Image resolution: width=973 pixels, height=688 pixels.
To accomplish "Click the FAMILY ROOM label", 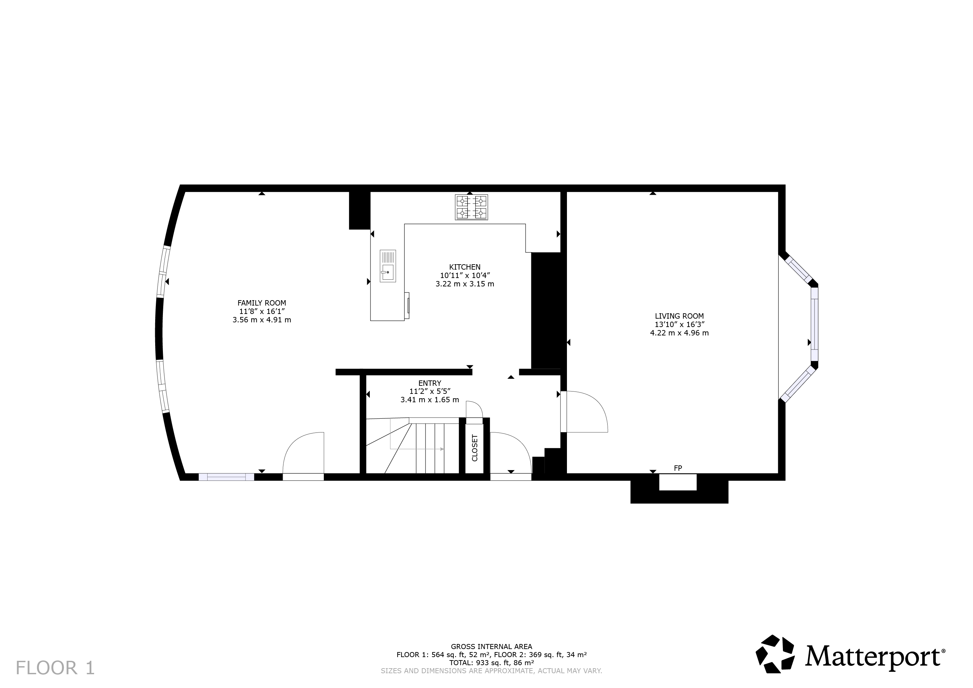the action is point(262,303).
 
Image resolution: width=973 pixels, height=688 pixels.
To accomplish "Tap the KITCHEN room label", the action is point(465,267).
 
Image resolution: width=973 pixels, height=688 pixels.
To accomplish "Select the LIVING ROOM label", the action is point(679,316).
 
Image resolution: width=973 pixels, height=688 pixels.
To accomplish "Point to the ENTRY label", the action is point(430,383).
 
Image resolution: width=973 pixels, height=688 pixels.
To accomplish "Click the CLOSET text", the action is point(475,448).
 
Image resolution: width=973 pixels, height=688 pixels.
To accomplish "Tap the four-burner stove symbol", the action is point(471,207).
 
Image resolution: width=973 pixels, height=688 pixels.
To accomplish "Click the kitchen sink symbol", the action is point(388,266).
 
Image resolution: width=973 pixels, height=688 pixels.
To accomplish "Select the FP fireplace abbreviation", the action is point(678,468).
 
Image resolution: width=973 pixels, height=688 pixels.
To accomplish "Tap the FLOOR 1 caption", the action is point(55,668).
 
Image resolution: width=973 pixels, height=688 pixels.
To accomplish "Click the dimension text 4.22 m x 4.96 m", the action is point(679,333).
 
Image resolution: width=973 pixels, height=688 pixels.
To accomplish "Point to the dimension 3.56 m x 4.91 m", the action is point(262,320).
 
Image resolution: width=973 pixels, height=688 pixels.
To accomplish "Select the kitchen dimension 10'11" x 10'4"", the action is point(465,275).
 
